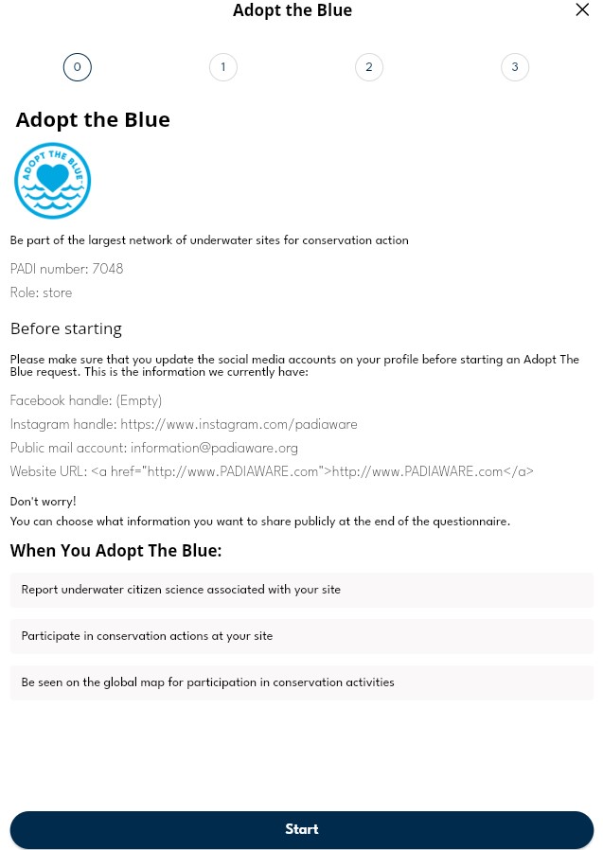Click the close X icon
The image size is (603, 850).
click(582, 10)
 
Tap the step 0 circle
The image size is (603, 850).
click(78, 67)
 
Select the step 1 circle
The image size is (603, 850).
click(223, 67)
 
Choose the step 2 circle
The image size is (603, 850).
click(369, 67)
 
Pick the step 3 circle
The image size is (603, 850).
click(515, 67)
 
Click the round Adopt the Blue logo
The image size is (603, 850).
click(53, 181)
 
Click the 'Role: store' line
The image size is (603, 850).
click(42, 293)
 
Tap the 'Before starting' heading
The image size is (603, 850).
click(66, 329)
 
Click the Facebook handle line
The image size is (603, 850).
click(86, 400)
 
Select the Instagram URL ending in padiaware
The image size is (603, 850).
click(239, 424)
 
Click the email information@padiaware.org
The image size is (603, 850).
click(214, 448)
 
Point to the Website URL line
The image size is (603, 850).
click(272, 471)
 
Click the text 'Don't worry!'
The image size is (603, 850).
click(44, 501)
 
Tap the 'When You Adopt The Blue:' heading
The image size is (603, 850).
click(116, 551)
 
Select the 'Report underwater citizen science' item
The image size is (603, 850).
click(181, 590)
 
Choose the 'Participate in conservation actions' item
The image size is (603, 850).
click(147, 636)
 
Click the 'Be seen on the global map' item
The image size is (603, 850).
click(207, 682)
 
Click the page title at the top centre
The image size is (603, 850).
click(293, 11)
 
